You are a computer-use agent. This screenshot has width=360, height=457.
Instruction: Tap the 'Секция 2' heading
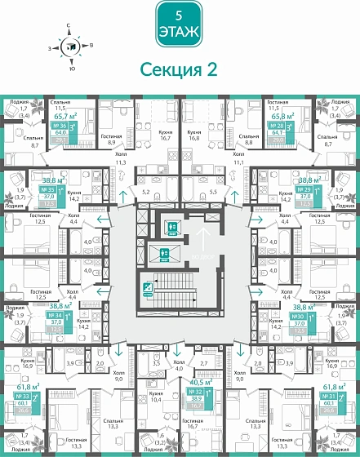[179, 69]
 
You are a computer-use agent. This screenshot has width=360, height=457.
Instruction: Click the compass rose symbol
[71, 46]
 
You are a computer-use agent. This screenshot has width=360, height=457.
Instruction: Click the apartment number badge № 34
[56, 316]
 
